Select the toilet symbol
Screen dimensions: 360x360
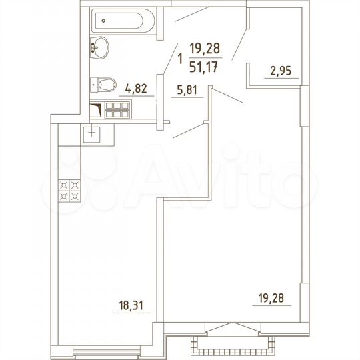[x=103, y=85]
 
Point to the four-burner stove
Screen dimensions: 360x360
[x=70, y=191]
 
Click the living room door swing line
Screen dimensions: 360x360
[x=227, y=95]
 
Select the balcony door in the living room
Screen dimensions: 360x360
[x=231, y=327]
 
